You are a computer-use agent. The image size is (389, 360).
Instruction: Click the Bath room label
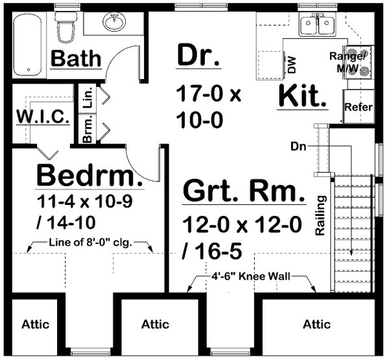click(77, 59)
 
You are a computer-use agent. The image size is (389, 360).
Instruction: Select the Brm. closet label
click(88, 130)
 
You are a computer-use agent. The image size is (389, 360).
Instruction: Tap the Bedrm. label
click(88, 175)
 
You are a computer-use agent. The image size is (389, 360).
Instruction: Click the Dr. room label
click(199, 56)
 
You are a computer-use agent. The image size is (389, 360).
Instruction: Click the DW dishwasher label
click(291, 64)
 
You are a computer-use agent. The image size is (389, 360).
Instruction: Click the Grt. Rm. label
click(243, 193)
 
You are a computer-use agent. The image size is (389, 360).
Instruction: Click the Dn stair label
click(300, 147)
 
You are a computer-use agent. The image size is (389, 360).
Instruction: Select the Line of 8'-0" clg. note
click(91, 245)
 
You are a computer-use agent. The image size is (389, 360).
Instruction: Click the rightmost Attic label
click(316, 324)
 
